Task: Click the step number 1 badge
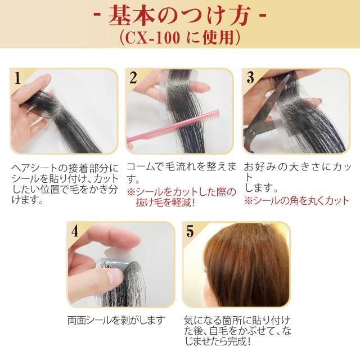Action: coord(17,78)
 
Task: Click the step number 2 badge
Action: coord(133,78)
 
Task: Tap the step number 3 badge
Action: coord(250,78)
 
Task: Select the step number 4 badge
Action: coord(75,231)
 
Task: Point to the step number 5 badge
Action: coord(190,231)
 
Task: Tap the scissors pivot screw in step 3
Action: coord(252,132)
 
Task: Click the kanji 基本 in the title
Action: coord(130,16)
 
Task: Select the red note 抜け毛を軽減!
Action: coord(165,202)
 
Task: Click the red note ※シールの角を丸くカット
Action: coord(296,201)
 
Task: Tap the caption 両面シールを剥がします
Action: coord(116,320)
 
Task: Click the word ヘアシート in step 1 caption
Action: coord(34,168)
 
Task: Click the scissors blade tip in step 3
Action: coord(289,75)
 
